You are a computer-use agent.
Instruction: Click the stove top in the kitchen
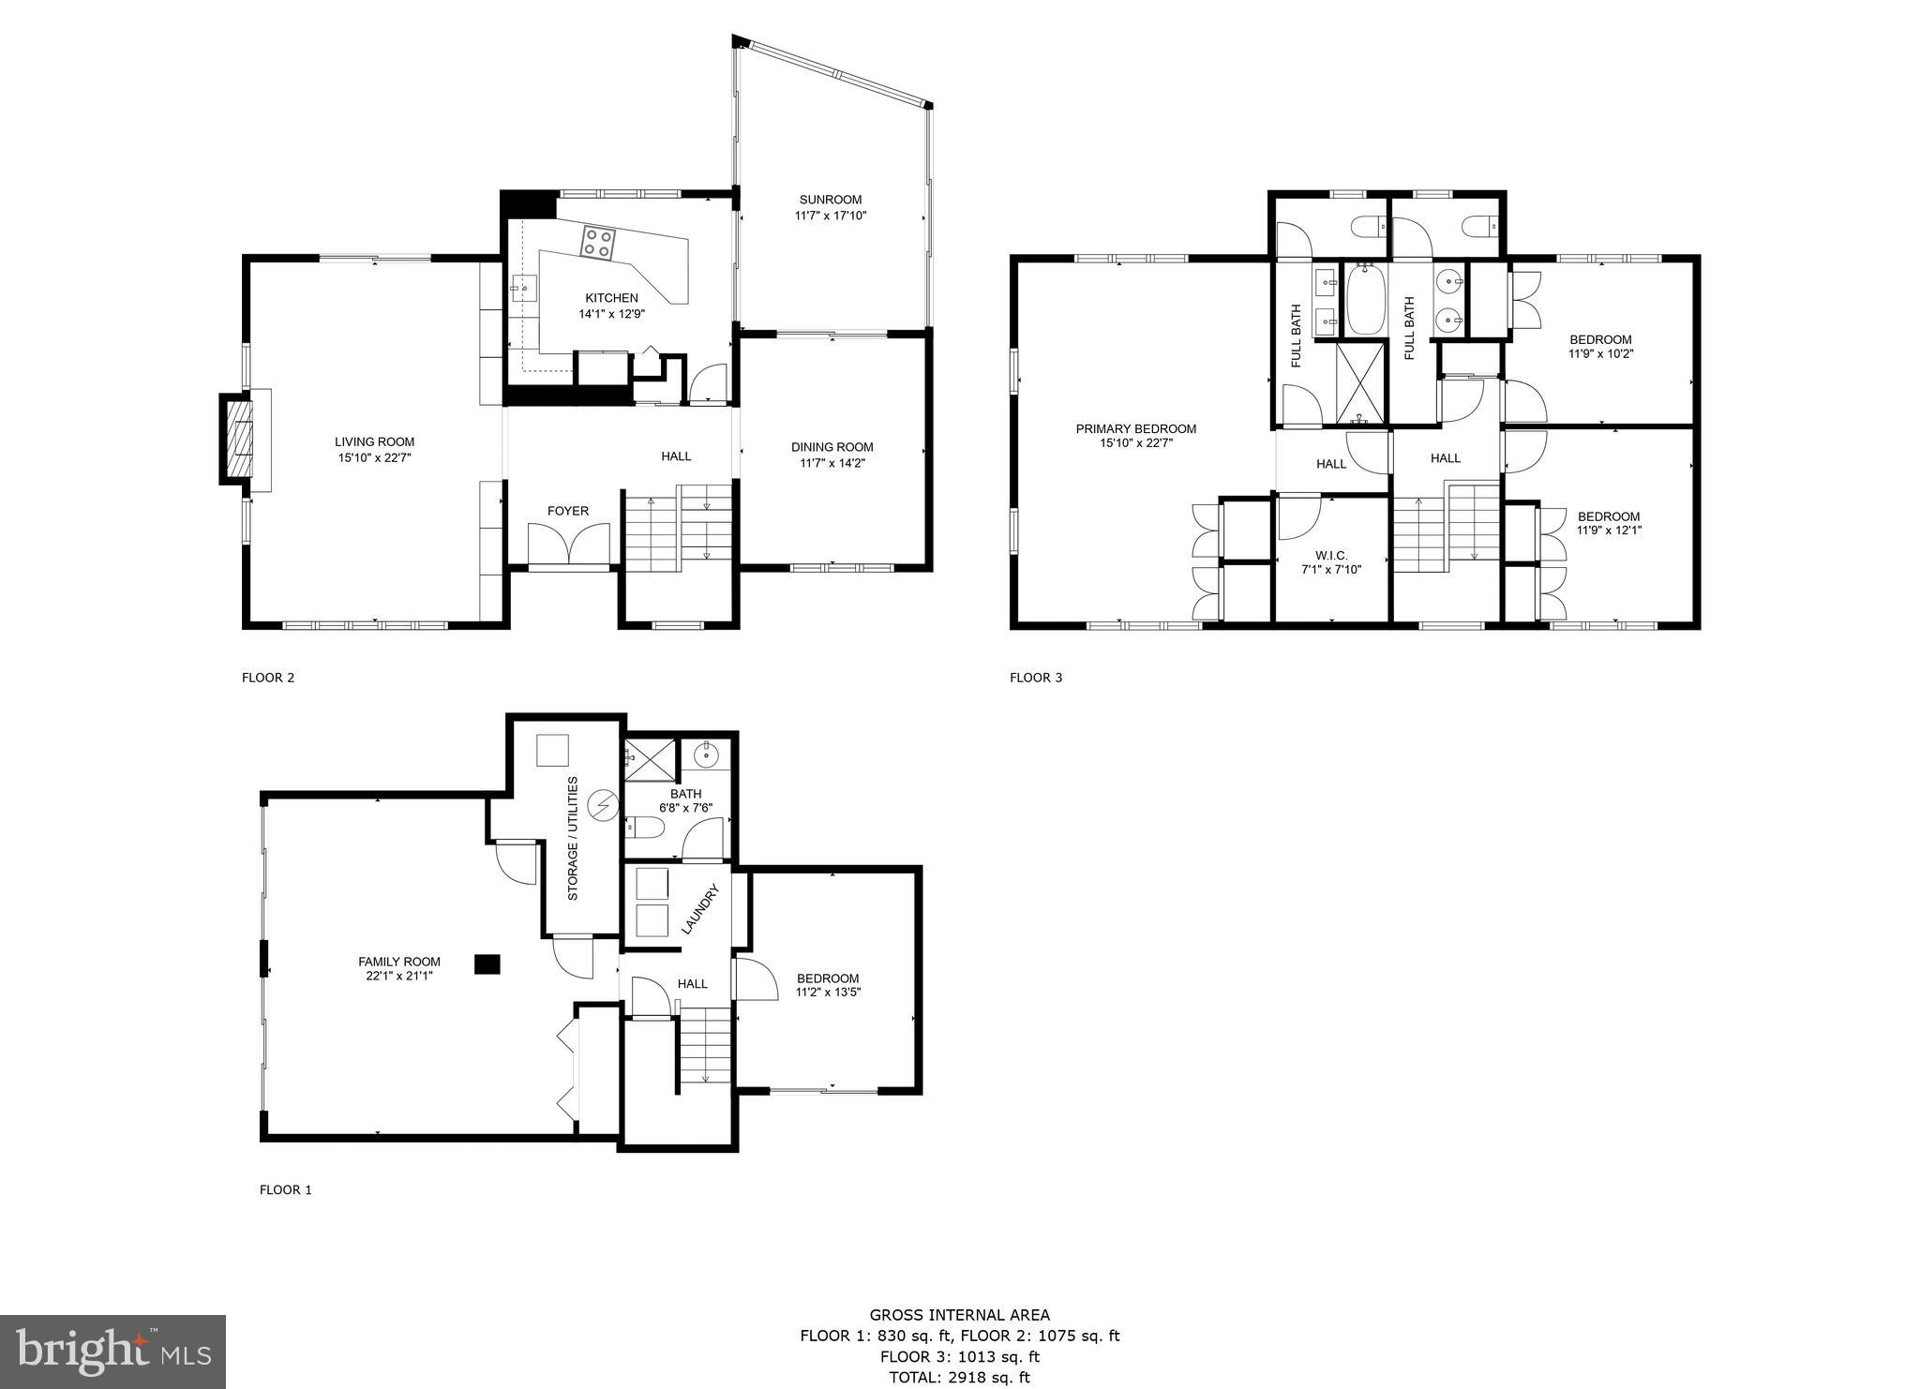click(597, 243)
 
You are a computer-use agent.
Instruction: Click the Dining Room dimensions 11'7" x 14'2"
click(832, 463)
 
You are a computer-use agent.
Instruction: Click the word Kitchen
click(611, 298)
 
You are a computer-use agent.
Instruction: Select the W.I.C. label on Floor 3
click(1330, 556)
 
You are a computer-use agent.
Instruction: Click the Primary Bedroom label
click(1135, 429)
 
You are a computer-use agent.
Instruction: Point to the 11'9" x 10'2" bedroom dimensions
click(1600, 354)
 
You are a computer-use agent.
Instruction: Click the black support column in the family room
click(487, 963)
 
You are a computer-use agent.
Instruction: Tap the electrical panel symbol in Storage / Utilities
click(603, 805)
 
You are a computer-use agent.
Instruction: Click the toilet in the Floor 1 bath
click(644, 827)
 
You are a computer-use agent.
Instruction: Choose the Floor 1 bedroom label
click(827, 978)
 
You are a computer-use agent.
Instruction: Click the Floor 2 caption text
click(268, 678)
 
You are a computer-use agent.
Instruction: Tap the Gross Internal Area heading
click(959, 1315)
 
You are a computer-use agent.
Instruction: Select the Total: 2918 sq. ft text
click(959, 1378)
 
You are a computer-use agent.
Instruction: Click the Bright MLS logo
click(112, 1352)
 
